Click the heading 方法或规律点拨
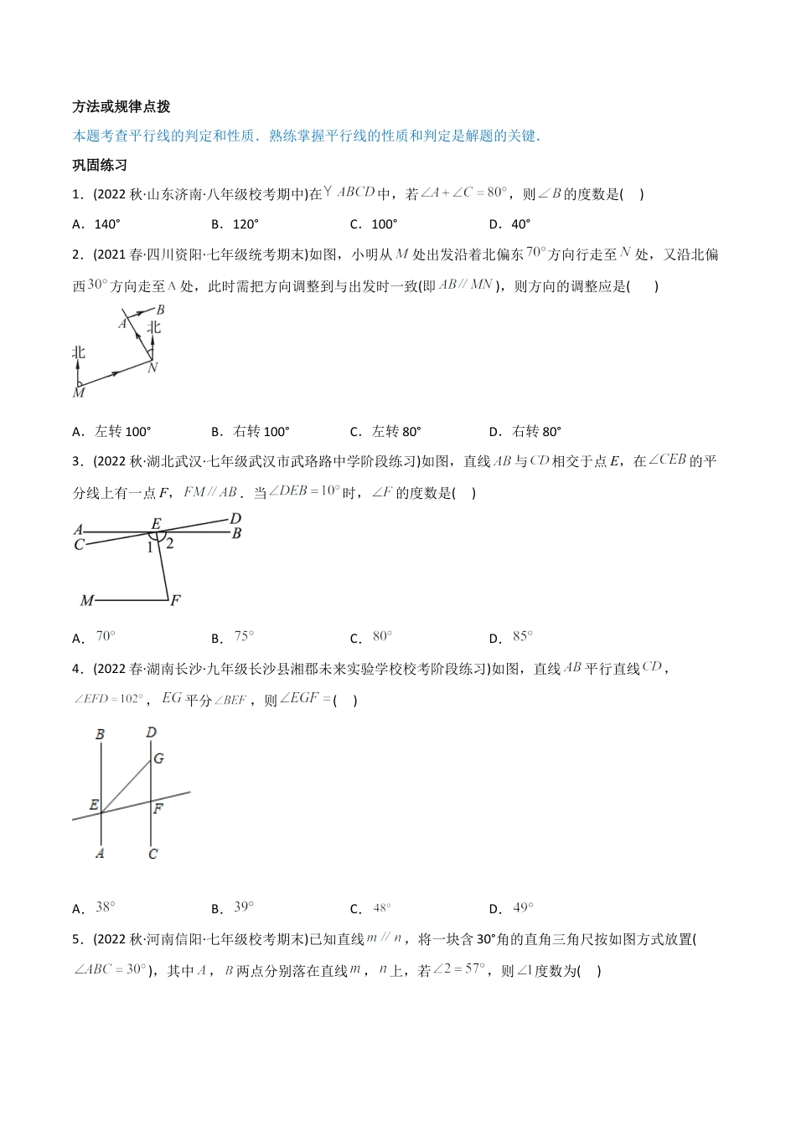click(x=121, y=106)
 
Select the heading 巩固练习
click(x=99, y=165)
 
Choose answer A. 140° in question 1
click(x=96, y=223)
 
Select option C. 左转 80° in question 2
click(x=385, y=432)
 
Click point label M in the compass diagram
click(x=79, y=392)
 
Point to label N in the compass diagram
click(x=152, y=367)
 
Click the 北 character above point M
click(x=79, y=352)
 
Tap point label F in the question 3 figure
click(x=175, y=600)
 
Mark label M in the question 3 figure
click(x=86, y=600)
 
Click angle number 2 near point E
click(x=169, y=543)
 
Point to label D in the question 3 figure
click(x=235, y=519)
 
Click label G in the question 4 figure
click(x=158, y=758)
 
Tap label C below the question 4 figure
click(x=152, y=854)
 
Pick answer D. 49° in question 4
click(x=511, y=908)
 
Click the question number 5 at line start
click(x=76, y=939)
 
